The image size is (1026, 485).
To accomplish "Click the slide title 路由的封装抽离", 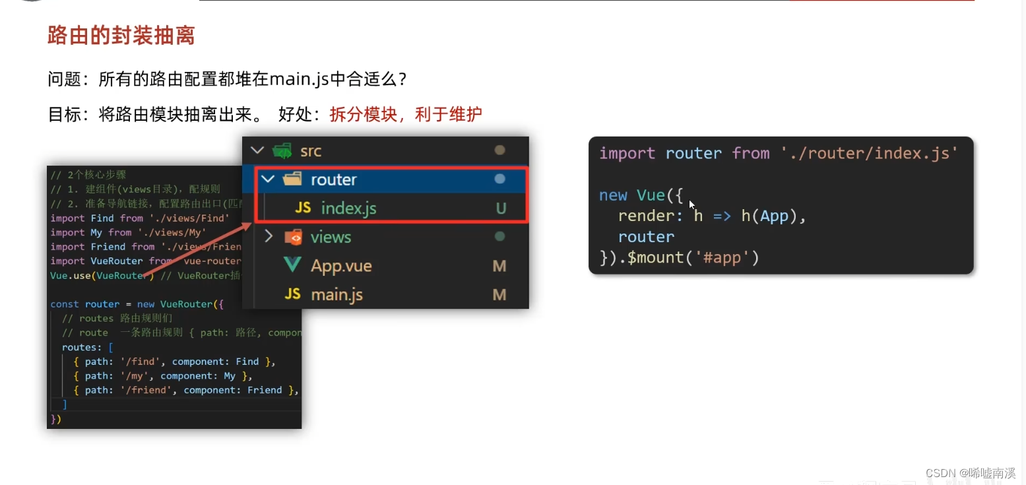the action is click(x=121, y=35).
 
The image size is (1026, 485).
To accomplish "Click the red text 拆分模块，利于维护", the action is click(x=406, y=114).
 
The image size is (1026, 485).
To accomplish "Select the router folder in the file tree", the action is click(x=333, y=179).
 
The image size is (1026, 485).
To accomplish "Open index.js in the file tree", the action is click(x=348, y=209).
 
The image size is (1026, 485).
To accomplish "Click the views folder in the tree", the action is click(x=331, y=237).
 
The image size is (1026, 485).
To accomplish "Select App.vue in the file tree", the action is click(x=341, y=266).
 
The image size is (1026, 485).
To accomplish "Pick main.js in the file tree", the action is click(x=337, y=294).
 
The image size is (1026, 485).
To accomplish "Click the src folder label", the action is click(x=311, y=151).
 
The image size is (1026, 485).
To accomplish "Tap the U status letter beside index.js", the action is click(x=501, y=209).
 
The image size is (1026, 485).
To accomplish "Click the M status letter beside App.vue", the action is click(x=499, y=266).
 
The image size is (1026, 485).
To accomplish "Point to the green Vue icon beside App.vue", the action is click(x=292, y=265).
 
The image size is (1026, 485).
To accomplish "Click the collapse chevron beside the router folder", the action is click(x=268, y=179).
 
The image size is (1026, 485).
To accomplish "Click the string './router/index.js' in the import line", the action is click(x=869, y=154).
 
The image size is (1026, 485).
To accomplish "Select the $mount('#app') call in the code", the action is click(x=693, y=257).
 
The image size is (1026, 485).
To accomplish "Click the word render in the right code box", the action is click(x=645, y=216).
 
